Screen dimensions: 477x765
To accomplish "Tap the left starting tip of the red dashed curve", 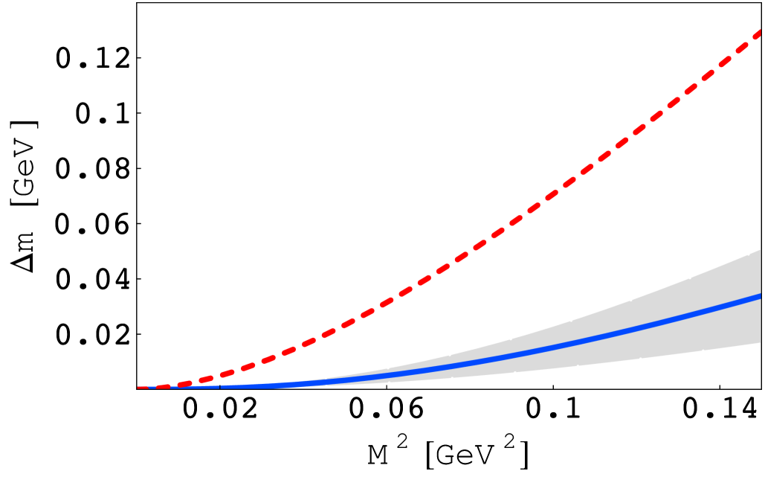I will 140,387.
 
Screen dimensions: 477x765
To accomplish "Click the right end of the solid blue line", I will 758,297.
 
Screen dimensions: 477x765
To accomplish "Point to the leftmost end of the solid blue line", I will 149,387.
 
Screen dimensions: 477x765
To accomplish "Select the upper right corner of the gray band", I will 760,251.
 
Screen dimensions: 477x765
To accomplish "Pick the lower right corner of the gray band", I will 760,342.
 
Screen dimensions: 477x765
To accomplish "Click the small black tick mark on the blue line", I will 219,386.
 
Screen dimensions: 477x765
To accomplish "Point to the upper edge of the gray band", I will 632,300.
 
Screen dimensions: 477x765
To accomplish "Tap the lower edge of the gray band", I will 632,359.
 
